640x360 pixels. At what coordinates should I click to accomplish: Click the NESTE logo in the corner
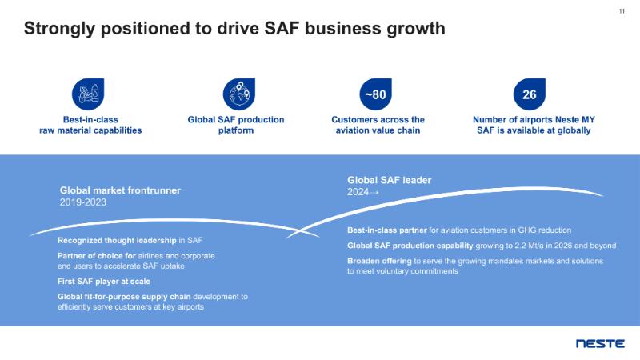(600, 343)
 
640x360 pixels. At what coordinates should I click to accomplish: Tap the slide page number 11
(622, 11)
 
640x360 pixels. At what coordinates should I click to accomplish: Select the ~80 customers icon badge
(376, 94)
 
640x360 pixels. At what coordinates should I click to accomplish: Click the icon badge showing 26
(530, 94)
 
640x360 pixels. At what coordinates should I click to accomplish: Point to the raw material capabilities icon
(86, 94)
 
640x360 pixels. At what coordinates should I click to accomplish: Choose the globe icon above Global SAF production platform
(236, 94)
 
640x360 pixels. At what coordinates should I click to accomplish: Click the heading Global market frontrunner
(120, 190)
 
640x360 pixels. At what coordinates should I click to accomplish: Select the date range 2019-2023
(83, 202)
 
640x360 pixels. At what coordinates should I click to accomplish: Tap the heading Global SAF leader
(389, 180)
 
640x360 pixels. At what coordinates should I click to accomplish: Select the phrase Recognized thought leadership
(117, 240)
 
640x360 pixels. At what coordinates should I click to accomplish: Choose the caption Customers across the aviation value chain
(378, 125)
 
